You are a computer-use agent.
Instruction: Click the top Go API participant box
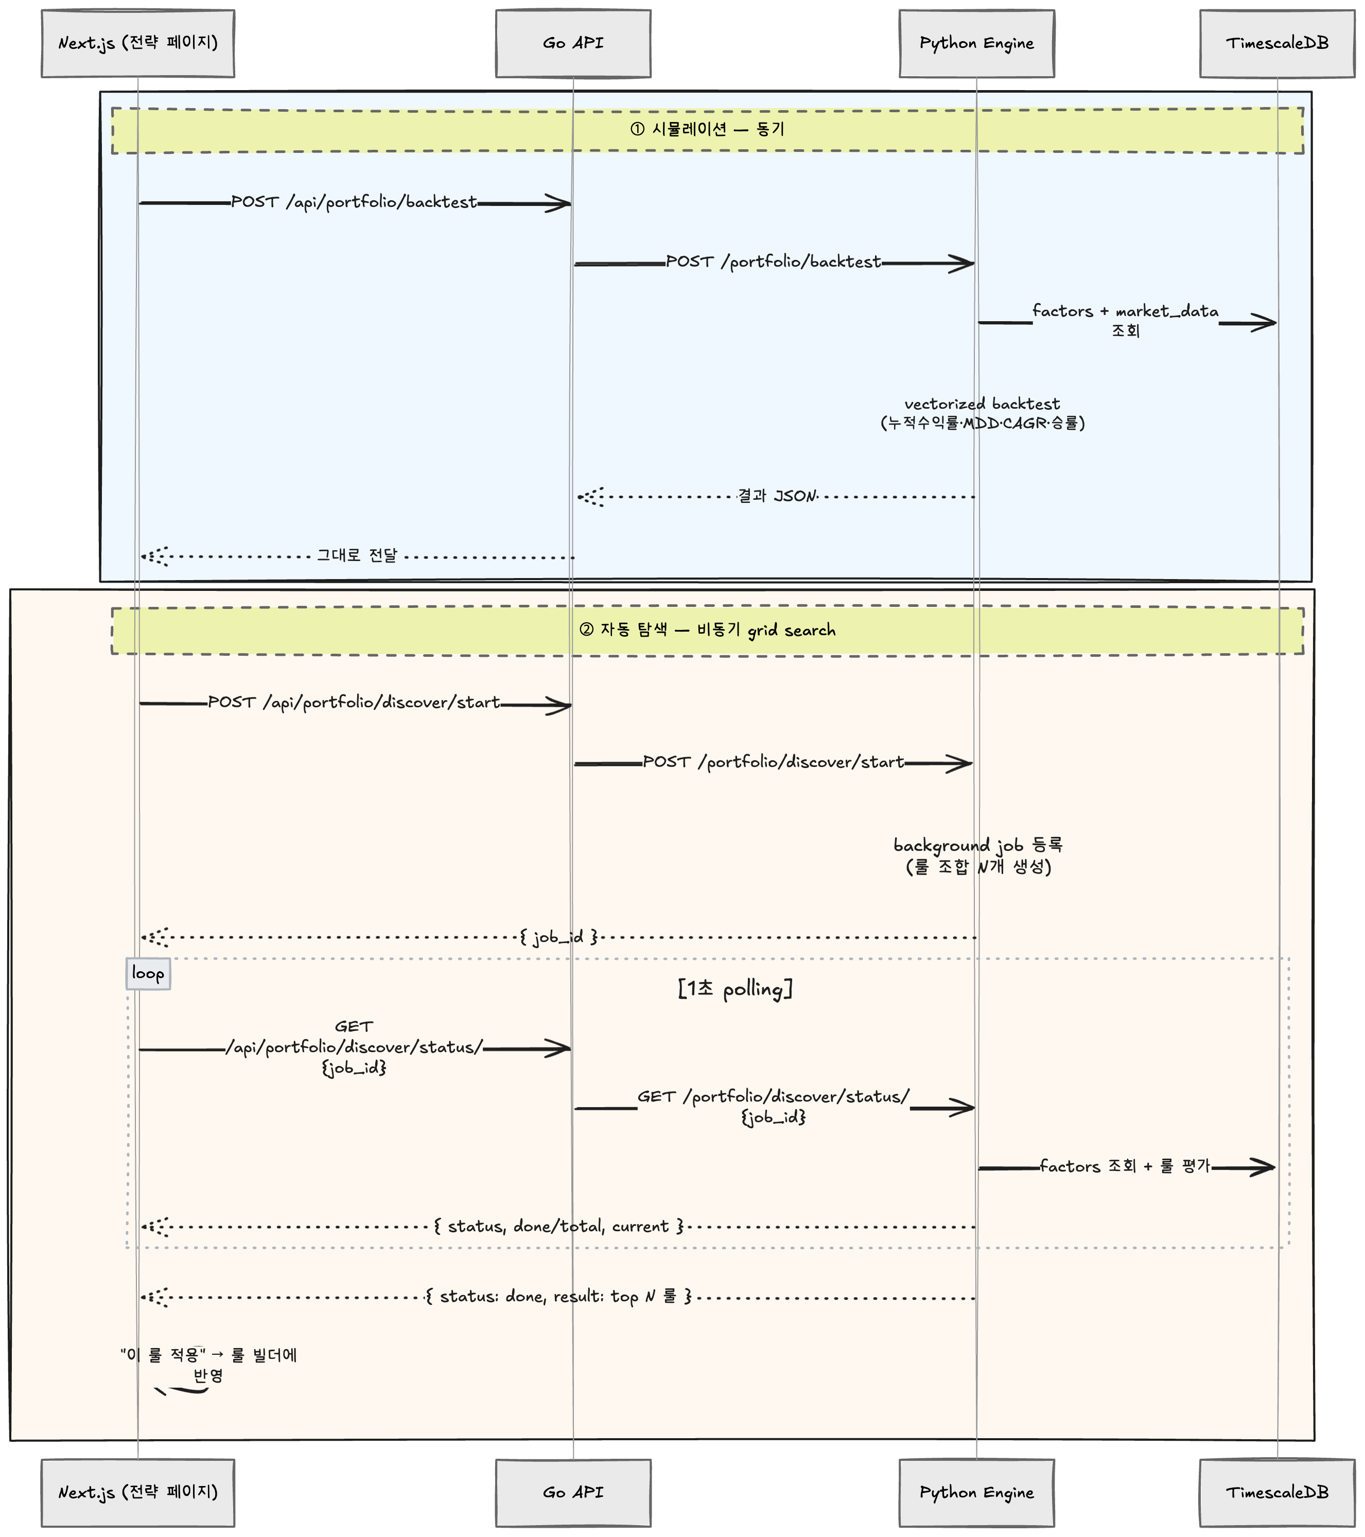[573, 44]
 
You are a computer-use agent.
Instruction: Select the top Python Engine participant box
[976, 44]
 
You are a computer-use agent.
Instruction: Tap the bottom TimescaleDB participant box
[1277, 1493]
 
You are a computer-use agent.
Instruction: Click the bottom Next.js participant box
[137, 1493]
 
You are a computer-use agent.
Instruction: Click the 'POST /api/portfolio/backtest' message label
[354, 202]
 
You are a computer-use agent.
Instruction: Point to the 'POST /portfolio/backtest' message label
[773, 261]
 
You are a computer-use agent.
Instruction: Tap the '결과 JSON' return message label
[776, 496]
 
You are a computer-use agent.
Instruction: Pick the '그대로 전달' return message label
[357, 556]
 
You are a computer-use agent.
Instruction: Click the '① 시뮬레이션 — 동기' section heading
[707, 129]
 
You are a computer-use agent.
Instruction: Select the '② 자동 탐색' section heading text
[707, 630]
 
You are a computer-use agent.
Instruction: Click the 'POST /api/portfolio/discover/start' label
[354, 702]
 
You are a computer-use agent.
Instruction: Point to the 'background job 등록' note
[978, 846]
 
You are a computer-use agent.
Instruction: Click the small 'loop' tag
[148, 974]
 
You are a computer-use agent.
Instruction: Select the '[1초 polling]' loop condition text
[735, 989]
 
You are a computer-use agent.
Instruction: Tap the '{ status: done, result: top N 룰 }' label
[558, 1297]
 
